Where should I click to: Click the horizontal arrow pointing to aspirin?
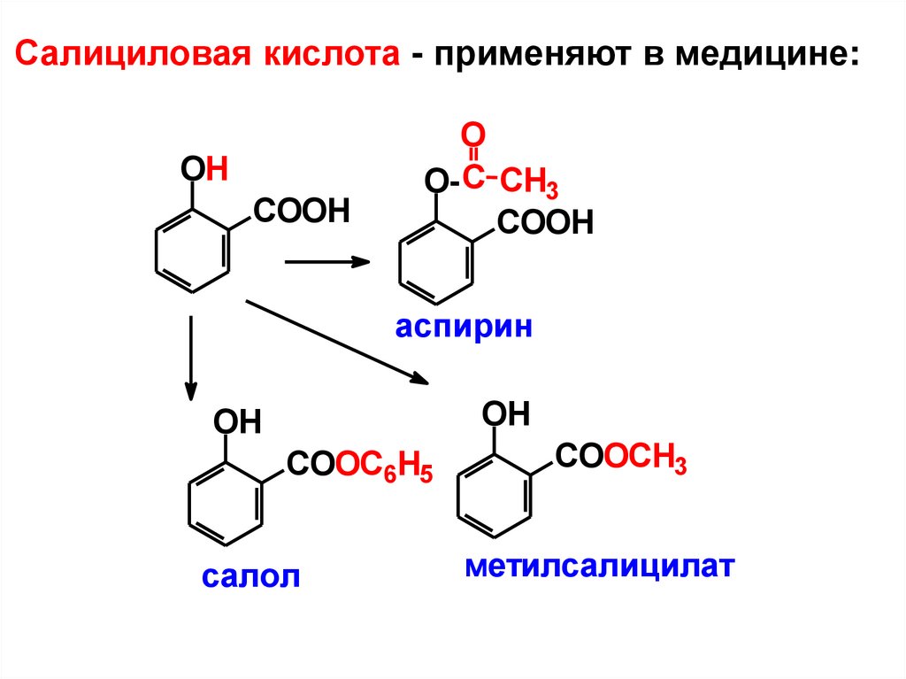click(x=326, y=261)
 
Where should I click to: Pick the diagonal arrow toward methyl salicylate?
click(x=336, y=342)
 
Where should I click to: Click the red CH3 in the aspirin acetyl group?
click(x=529, y=185)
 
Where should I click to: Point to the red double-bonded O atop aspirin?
click(x=473, y=135)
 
